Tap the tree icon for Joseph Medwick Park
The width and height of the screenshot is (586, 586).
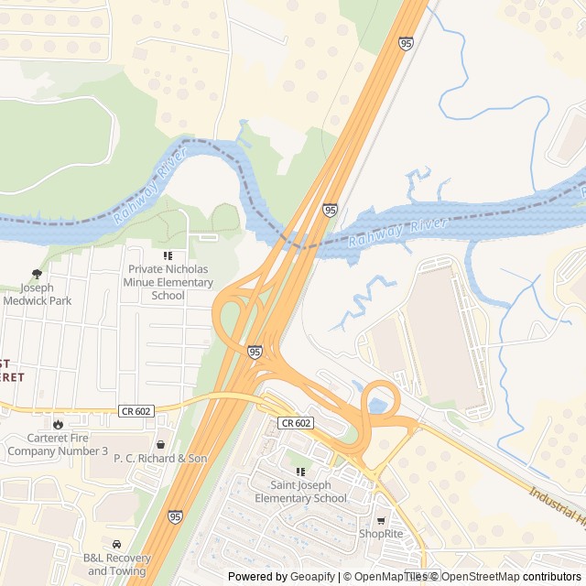tap(37, 273)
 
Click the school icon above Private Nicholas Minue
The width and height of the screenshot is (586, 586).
tap(168, 255)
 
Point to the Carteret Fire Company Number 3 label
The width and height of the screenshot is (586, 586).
tap(58, 444)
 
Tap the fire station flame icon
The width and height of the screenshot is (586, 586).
tap(59, 424)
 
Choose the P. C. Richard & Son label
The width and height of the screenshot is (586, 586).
tap(160, 458)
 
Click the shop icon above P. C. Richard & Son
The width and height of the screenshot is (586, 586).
tap(161, 444)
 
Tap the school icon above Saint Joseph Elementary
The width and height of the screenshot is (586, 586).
tap(299, 471)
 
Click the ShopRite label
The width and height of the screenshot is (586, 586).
tap(381, 534)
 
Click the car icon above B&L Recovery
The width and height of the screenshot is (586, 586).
tap(116, 545)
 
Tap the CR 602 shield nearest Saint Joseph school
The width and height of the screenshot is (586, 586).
tap(296, 422)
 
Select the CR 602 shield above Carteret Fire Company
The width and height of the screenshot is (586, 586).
tap(136, 412)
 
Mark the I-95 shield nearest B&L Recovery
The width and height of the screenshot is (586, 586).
tap(175, 517)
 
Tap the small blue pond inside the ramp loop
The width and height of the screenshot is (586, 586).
tap(377, 405)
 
